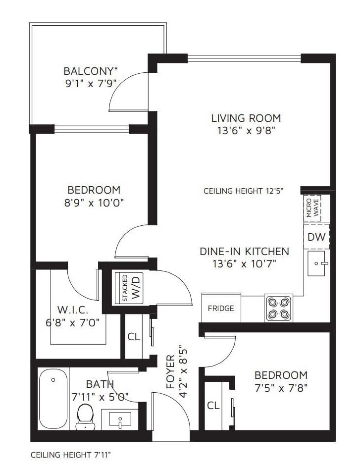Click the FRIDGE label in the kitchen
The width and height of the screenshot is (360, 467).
pyautogui.click(x=221, y=308)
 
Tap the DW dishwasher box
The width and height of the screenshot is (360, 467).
pyautogui.click(x=316, y=237)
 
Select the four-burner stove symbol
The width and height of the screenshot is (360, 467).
pyautogui.click(x=279, y=308)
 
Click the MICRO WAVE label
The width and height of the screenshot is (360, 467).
pyautogui.click(x=312, y=208)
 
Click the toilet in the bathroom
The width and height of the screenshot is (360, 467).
pyautogui.click(x=85, y=417)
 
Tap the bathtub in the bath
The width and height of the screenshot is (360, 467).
pyautogui.click(x=53, y=399)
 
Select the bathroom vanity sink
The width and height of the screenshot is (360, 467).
pyautogui.click(x=120, y=419)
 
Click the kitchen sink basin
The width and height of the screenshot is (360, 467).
pyautogui.click(x=316, y=263)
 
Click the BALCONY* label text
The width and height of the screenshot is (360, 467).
pyautogui.click(x=91, y=71)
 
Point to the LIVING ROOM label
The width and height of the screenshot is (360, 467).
pyautogui.click(x=246, y=118)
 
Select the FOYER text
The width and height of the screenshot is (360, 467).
pyautogui.click(x=171, y=372)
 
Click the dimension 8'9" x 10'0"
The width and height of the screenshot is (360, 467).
pyautogui.click(x=94, y=203)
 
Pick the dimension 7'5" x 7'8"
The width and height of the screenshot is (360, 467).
pyautogui.click(x=281, y=388)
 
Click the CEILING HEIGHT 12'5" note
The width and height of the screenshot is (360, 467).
pyautogui.click(x=243, y=191)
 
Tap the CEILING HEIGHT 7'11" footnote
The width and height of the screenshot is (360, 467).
pyautogui.click(x=71, y=455)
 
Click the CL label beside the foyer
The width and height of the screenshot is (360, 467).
pyautogui.click(x=134, y=337)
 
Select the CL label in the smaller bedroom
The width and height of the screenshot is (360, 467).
pyautogui.click(x=213, y=406)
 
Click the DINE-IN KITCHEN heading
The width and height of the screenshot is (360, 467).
pyautogui.click(x=244, y=252)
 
